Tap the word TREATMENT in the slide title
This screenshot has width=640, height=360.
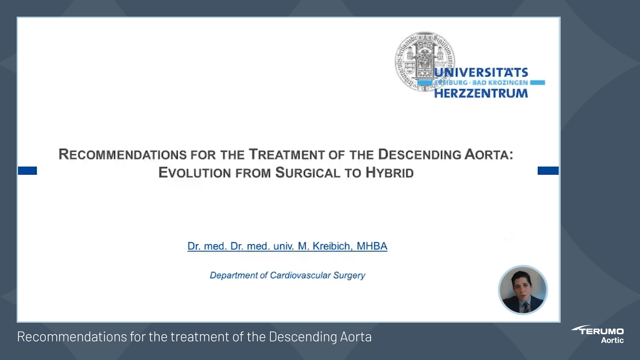[x=286, y=155]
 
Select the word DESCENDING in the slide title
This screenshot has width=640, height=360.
[x=419, y=155]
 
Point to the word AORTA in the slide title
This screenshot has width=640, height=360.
[x=488, y=155]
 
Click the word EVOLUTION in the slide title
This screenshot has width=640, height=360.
[x=195, y=173]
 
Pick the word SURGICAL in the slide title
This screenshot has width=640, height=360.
[x=308, y=173]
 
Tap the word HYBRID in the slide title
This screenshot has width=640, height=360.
[x=389, y=173]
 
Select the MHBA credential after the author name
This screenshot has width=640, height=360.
[x=372, y=246]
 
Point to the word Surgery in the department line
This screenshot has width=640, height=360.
[x=349, y=275]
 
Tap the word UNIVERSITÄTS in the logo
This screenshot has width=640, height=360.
[x=481, y=73]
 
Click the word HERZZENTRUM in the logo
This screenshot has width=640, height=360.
[x=481, y=94]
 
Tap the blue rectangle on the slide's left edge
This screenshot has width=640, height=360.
[x=27, y=171]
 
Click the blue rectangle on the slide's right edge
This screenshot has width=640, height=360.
[x=548, y=171]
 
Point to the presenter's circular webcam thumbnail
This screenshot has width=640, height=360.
[x=523, y=290]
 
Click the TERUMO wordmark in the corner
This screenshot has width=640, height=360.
[x=601, y=331]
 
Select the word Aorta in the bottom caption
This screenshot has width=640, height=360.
[x=356, y=337]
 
